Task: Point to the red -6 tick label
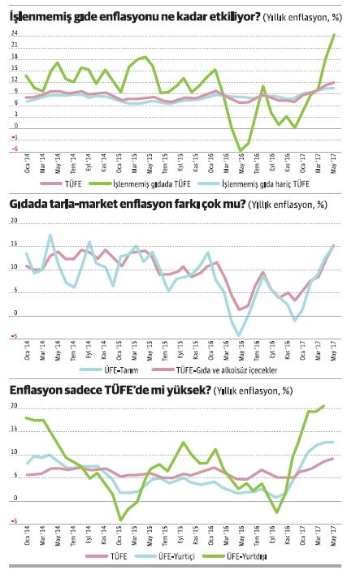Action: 14,149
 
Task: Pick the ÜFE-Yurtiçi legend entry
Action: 189,556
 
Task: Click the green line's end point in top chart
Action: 334,35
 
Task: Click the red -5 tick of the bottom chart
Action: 14,520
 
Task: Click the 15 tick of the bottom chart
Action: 14,427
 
